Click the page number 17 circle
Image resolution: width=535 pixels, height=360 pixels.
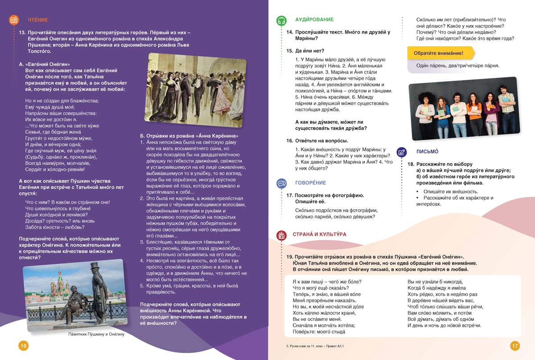pyautogui.click(x=515, y=346)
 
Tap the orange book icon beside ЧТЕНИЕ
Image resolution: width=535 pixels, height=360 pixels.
pyautogui.click(x=14, y=20)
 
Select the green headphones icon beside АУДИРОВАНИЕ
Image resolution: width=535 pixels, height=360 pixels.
pyautogui.click(x=281, y=21)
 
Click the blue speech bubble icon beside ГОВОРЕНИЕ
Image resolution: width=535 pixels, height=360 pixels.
pyautogui.click(x=281, y=183)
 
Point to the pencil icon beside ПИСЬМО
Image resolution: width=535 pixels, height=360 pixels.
pyautogui.click(x=401, y=152)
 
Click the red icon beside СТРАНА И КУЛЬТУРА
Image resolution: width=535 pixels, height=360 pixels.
pyautogui.click(x=281, y=235)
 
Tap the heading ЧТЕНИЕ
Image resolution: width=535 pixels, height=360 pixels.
pyautogui.click(x=38, y=20)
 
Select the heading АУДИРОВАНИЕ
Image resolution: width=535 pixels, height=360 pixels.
pyautogui.click(x=314, y=20)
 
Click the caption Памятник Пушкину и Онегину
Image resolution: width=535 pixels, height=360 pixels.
pyautogui.click(x=96, y=334)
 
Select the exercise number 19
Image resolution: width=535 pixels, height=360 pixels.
pyautogui.click(x=289, y=257)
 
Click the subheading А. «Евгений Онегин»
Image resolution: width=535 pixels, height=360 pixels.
pyautogui.click(x=45, y=64)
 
